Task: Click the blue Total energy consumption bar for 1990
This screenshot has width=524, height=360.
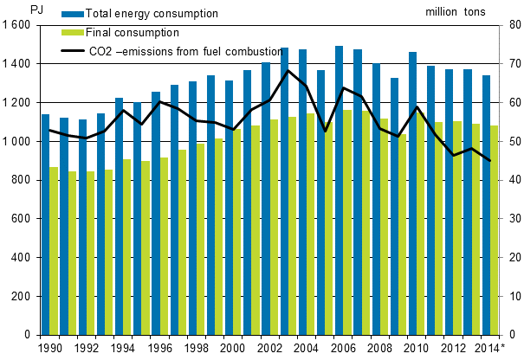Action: coord(46,225)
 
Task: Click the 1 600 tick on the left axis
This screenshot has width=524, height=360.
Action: coord(17,25)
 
